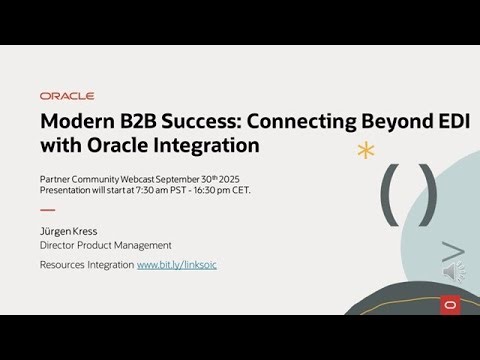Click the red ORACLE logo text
[67, 96]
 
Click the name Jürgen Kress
[70, 231]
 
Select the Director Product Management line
[105, 245]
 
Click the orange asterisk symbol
[366, 152]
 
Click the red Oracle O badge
[449, 304]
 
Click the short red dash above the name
[47, 210]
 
